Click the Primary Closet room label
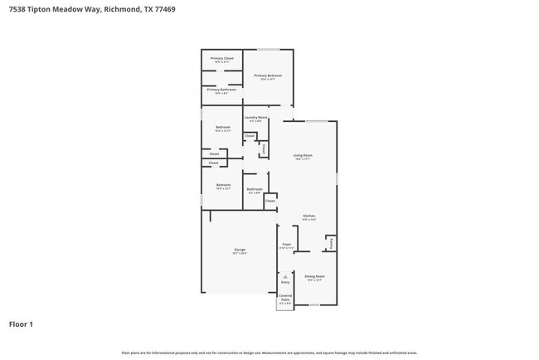[x=221, y=58]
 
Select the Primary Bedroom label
[x=268, y=75]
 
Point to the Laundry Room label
[x=256, y=118]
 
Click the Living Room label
[x=303, y=155]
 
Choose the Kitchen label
[x=309, y=217]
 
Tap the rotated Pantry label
[x=331, y=243]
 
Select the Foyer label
[x=287, y=245]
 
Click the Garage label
[x=240, y=250]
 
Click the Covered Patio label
[x=285, y=297]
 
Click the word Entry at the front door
[x=285, y=283]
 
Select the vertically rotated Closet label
[x=264, y=148]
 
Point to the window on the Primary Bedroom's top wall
[x=268, y=50]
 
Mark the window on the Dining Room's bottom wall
[x=315, y=304]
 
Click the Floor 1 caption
[x=21, y=324]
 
